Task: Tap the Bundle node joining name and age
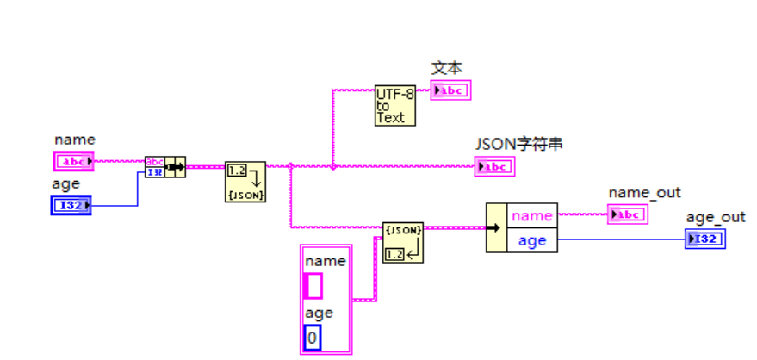click(x=165, y=166)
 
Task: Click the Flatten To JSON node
click(x=245, y=181)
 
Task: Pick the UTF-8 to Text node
click(x=395, y=105)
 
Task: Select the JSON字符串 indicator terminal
click(x=494, y=166)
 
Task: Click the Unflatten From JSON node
click(x=403, y=242)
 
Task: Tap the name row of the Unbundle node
click(x=532, y=215)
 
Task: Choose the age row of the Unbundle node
click(x=532, y=240)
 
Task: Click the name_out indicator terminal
click(x=627, y=214)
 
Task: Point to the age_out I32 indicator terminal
click(x=705, y=239)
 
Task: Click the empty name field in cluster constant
click(x=314, y=285)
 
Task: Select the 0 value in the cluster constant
click(x=313, y=338)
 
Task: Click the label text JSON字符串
click(x=519, y=144)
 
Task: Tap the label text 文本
click(x=447, y=67)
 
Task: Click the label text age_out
click(x=716, y=217)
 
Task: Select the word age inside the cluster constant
click(x=319, y=313)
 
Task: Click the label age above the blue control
click(x=66, y=183)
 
